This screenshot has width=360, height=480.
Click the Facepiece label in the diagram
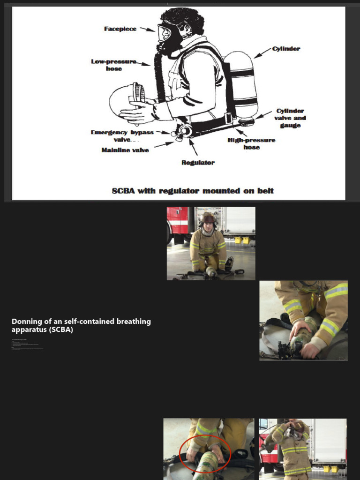(120, 29)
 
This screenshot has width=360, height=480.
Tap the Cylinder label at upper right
(286, 49)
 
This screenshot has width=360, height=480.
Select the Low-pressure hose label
(114, 65)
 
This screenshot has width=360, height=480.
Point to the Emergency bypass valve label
(122, 136)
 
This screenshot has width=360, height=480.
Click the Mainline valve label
(125, 150)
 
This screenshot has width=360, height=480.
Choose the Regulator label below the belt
(198, 163)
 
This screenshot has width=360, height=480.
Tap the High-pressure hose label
(251, 143)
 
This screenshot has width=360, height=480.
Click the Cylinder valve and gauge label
(290, 118)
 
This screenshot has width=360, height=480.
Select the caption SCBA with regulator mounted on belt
(193, 191)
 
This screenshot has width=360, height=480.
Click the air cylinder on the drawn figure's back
(240, 84)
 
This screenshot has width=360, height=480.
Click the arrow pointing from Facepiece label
(148, 30)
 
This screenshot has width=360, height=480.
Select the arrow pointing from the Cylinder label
(262, 52)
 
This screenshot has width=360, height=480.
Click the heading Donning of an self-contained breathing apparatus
(81, 325)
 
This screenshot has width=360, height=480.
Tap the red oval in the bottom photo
(205, 453)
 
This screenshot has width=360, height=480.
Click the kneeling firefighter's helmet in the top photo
(208, 218)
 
